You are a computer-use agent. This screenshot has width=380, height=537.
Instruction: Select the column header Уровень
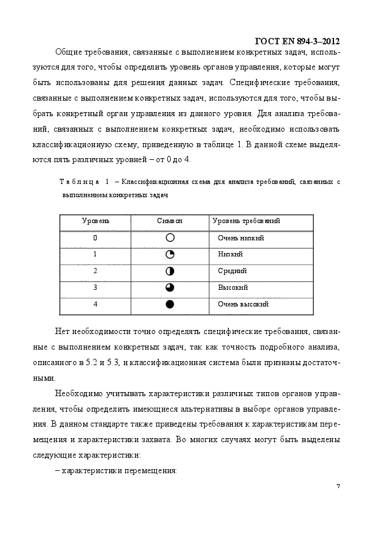pyautogui.click(x=95, y=221)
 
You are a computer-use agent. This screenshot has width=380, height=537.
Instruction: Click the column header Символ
pyautogui.click(x=170, y=221)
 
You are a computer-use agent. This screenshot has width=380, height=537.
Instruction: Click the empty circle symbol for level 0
pyautogui.click(x=170, y=237)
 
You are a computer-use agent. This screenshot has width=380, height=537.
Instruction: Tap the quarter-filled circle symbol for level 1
pyautogui.click(x=170, y=254)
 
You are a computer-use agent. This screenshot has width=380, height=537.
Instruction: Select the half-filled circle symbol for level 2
pyautogui.click(x=170, y=271)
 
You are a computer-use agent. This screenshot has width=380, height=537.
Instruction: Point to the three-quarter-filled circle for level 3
pyautogui.click(x=170, y=287)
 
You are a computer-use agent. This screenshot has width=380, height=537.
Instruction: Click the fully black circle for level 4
pyautogui.click(x=170, y=304)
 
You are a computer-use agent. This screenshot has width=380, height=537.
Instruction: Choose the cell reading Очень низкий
pyautogui.click(x=241, y=238)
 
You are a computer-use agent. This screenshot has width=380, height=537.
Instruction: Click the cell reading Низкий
pyautogui.click(x=230, y=254)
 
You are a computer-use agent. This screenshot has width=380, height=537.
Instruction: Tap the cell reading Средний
pyautogui.click(x=232, y=271)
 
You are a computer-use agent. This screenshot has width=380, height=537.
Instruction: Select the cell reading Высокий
pyautogui.click(x=233, y=287)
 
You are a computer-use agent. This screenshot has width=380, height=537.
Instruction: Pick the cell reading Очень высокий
pyautogui.click(x=243, y=304)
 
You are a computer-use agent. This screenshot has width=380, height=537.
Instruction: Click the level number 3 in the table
pyautogui.click(x=95, y=287)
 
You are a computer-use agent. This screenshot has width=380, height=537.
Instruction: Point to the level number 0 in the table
pyautogui.click(x=95, y=238)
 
